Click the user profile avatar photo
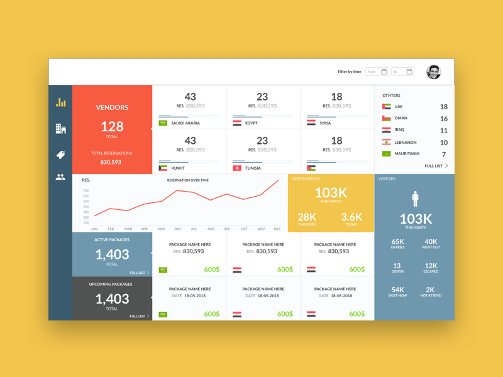[x=433, y=72]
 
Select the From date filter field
[x=377, y=72]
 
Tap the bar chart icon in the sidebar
[x=60, y=102]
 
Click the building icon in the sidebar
[x=60, y=129]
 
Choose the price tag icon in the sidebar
[x=60, y=155]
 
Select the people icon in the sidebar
[x=60, y=178]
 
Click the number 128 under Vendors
[x=112, y=126]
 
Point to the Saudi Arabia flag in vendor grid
[x=163, y=123]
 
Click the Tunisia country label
[x=253, y=168]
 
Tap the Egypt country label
[x=251, y=123]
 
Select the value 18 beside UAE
[x=444, y=107]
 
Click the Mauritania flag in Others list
[x=387, y=154]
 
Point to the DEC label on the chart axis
[x=277, y=229]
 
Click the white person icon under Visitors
[x=415, y=199]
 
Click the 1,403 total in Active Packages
[x=112, y=254]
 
